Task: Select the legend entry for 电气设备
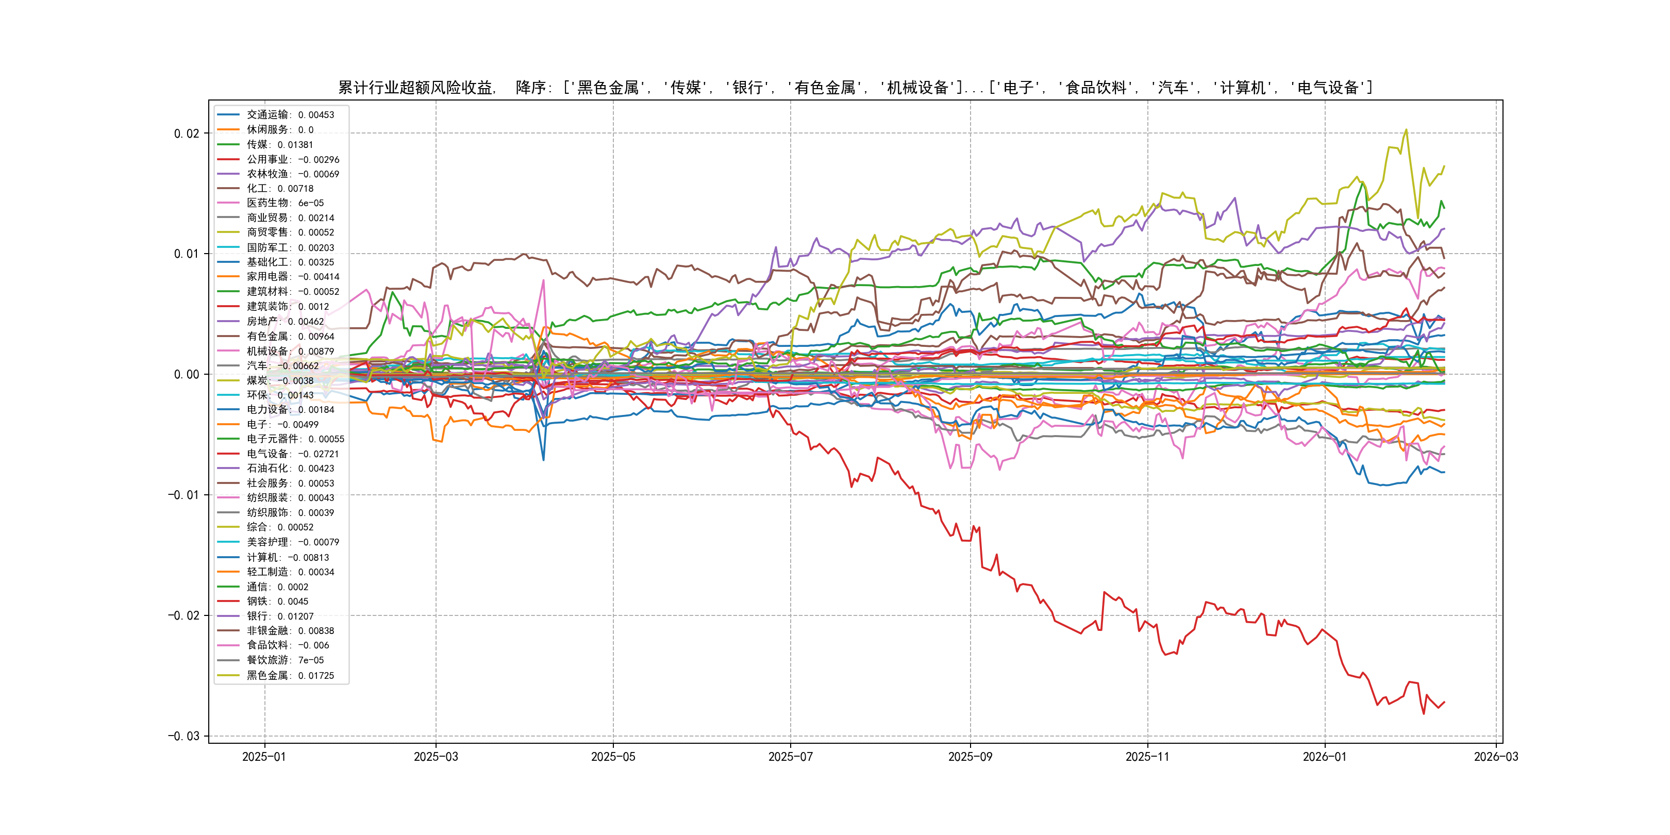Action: point(292,454)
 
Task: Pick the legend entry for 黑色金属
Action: point(290,676)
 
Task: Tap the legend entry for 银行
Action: point(279,616)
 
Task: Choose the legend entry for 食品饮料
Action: point(287,645)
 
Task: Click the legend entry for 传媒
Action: point(279,144)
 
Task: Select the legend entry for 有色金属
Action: point(290,337)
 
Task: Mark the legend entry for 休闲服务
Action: point(279,130)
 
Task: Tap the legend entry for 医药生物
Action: point(285,203)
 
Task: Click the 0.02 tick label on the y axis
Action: point(186,133)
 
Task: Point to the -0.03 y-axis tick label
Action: point(183,736)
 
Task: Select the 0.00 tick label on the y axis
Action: point(186,374)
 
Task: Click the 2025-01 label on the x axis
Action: point(264,757)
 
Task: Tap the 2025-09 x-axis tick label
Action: point(970,757)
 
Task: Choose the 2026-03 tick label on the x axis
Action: point(1496,757)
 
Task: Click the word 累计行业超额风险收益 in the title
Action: point(415,88)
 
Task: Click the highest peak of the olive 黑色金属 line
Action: point(1406,130)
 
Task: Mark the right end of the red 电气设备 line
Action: point(1444,702)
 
